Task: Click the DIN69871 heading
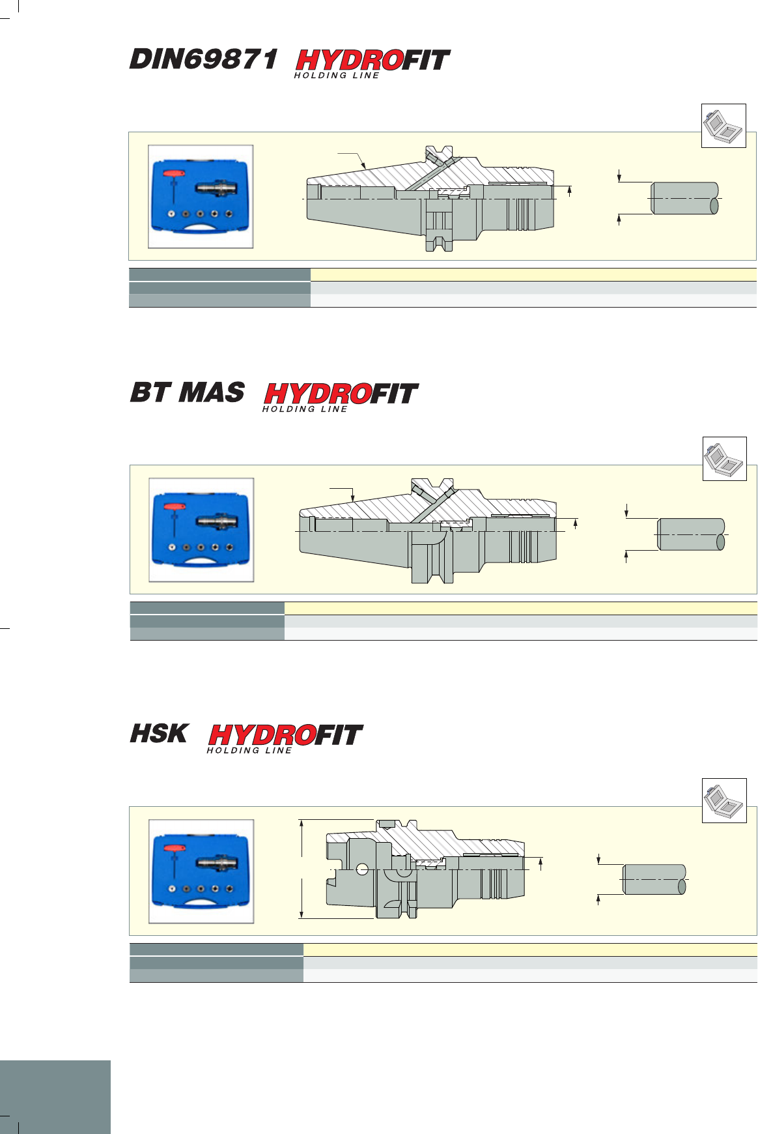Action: point(204,59)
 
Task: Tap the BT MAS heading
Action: point(188,392)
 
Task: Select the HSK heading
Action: point(159,734)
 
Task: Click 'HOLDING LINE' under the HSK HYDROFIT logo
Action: point(249,751)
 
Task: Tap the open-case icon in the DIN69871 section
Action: point(723,125)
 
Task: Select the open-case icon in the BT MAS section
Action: point(725,459)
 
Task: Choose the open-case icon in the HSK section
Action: point(724,800)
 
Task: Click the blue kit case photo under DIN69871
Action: point(201,197)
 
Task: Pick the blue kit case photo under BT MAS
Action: point(201,530)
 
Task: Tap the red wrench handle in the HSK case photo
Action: point(175,849)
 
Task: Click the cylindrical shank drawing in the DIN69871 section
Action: point(685,198)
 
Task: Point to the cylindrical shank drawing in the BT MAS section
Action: point(692,534)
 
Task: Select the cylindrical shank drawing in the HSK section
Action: point(654,880)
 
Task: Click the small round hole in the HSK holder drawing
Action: point(362,869)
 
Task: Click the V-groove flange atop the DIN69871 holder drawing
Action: point(439,153)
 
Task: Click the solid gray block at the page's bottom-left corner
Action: point(55,1097)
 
